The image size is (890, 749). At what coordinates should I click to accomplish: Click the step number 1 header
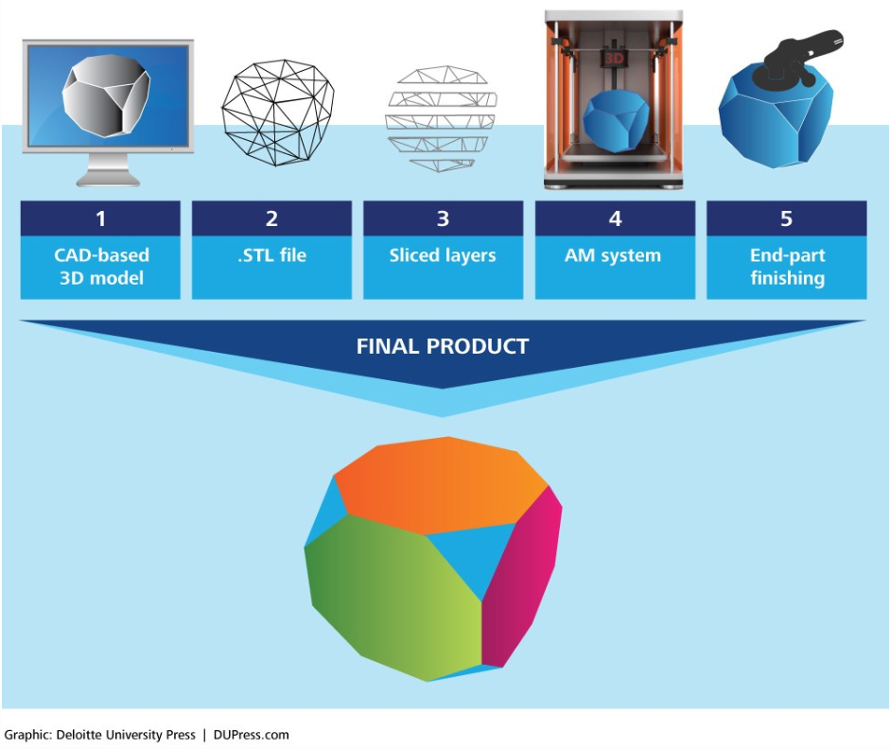[x=100, y=218]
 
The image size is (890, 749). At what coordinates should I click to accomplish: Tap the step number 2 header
[x=271, y=218]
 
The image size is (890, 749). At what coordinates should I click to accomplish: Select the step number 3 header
[x=443, y=218]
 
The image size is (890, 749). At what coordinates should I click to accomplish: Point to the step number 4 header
[x=615, y=218]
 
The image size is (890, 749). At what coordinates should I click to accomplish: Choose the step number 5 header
[x=786, y=218]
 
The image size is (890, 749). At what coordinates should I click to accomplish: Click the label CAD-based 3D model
[x=100, y=267]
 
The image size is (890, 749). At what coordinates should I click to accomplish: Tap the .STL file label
[x=271, y=256]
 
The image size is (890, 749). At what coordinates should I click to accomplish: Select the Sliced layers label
[x=443, y=256]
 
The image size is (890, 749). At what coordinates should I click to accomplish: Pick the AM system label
[x=615, y=256]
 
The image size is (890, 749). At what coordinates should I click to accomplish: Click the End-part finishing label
[x=786, y=267]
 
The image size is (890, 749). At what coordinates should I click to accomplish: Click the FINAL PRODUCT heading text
[x=442, y=346]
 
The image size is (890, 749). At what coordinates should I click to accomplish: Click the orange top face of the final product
[x=442, y=478]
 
